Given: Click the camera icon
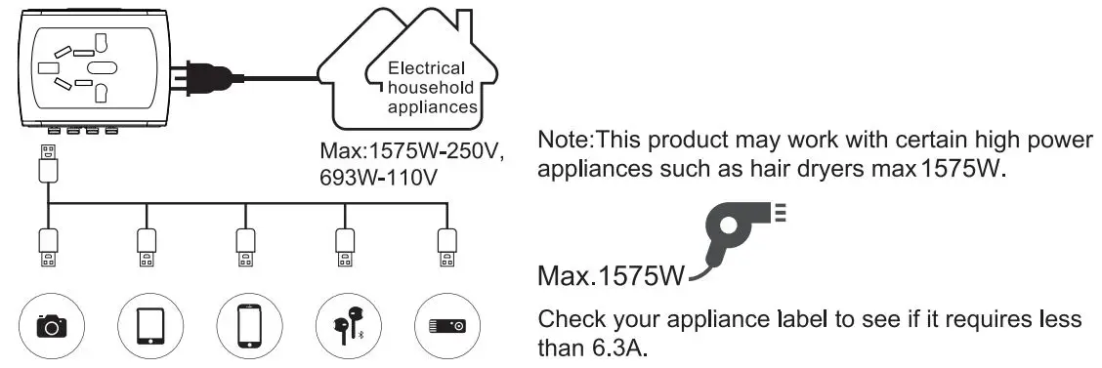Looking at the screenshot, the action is [48, 326].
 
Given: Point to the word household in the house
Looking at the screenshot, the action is [427, 88].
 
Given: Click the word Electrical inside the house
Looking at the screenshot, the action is [427, 69].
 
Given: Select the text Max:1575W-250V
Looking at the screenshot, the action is [411, 153].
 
